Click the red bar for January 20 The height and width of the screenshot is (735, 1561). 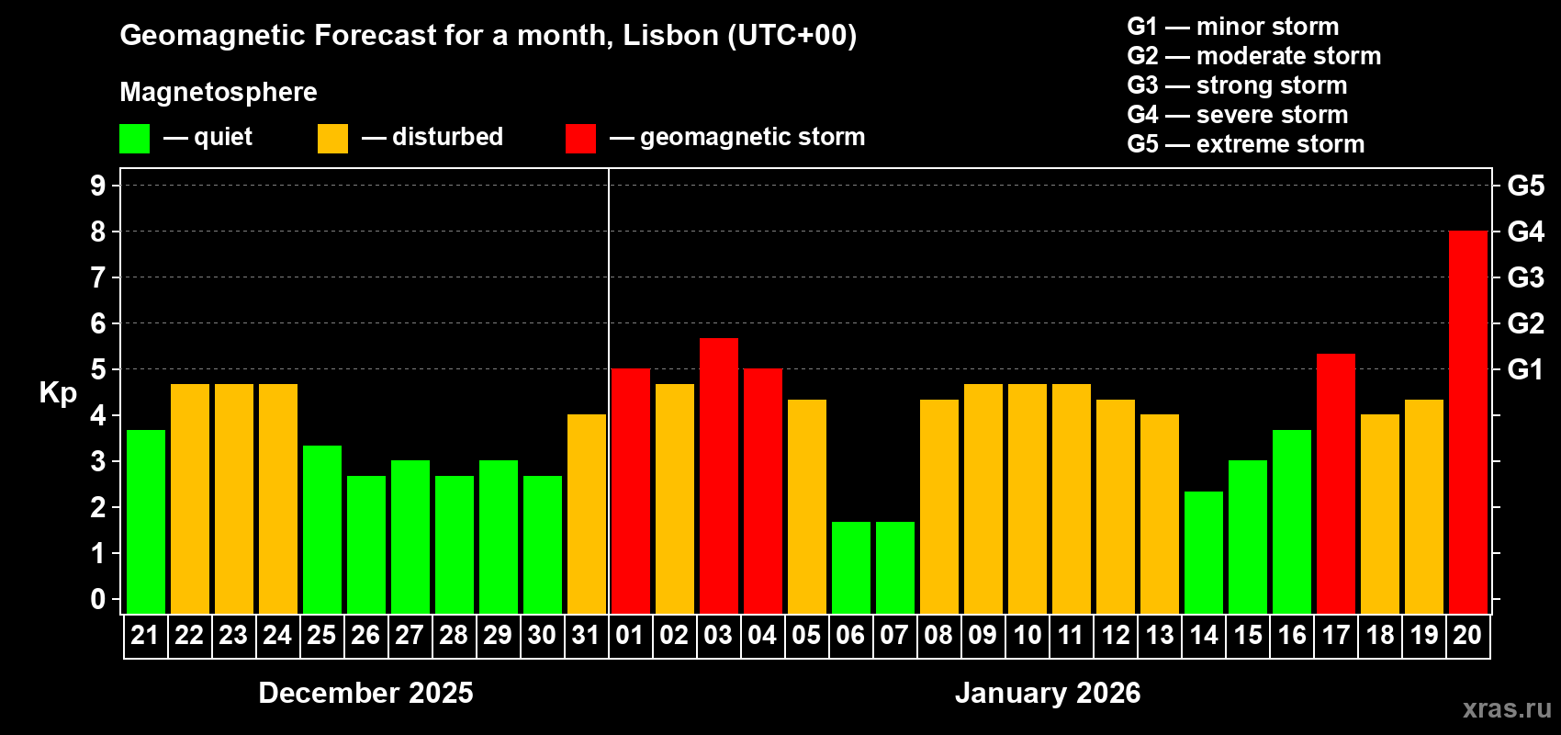click(x=1467, y=423)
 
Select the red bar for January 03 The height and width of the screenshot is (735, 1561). click(x=718, y=476)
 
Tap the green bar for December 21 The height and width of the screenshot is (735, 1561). click(x=145, y=522)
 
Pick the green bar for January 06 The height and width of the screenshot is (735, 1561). click(x=850, y=568)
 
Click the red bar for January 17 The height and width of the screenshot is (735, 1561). click(x=1335, y=483)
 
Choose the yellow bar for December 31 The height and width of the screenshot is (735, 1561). click(x=586, y=514)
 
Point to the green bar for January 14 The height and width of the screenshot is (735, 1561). click(x=1203, y=552)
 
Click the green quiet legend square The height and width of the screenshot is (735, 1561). click(x=134, y=139)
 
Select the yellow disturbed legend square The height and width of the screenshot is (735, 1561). click(x=332, y=139)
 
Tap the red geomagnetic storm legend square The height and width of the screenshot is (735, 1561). click(x=580, y=139)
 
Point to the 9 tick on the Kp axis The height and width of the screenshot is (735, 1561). click(x=98, y=186)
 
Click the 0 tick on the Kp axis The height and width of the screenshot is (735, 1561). click(x=98, y=599)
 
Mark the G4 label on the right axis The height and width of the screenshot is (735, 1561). click(x=1525, y=232)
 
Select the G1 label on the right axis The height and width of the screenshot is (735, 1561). click(x=1525, y=369)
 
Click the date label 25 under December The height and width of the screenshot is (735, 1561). click(x=321, y=635)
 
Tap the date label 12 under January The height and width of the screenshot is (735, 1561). click(x=1115, y=635)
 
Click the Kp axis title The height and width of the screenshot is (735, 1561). click(x=58, y=393)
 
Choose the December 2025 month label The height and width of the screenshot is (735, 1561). click(x=365, y=693)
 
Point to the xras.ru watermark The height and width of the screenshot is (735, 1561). click(x=1507, y=708)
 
